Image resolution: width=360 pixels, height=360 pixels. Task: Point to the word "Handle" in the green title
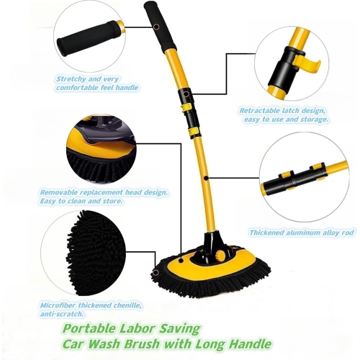[247, 343]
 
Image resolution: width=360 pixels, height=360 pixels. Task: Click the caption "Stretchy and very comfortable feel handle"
[96, 82]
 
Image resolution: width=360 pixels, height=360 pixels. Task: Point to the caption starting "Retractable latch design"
[284, 115]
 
